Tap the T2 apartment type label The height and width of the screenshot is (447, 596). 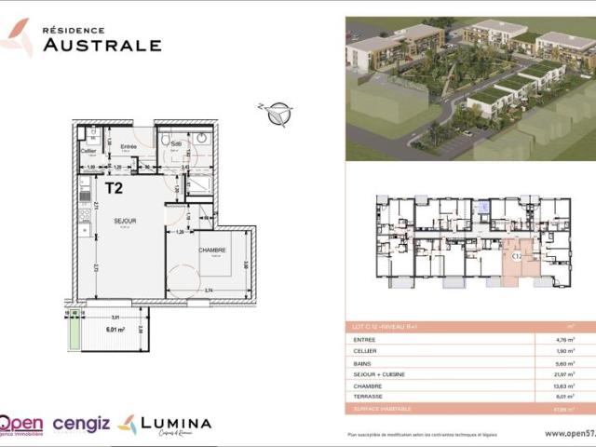115,187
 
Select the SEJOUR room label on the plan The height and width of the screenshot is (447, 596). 125,221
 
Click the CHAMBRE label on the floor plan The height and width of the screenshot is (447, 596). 212,250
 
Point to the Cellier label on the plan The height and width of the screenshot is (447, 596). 88,150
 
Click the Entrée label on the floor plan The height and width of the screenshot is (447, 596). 129,147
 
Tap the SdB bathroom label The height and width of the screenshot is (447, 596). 176,143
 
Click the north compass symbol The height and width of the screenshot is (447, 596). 277,115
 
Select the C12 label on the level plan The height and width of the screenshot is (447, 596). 517,253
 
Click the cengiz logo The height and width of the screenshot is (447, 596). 81,424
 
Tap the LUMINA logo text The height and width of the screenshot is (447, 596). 176,423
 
